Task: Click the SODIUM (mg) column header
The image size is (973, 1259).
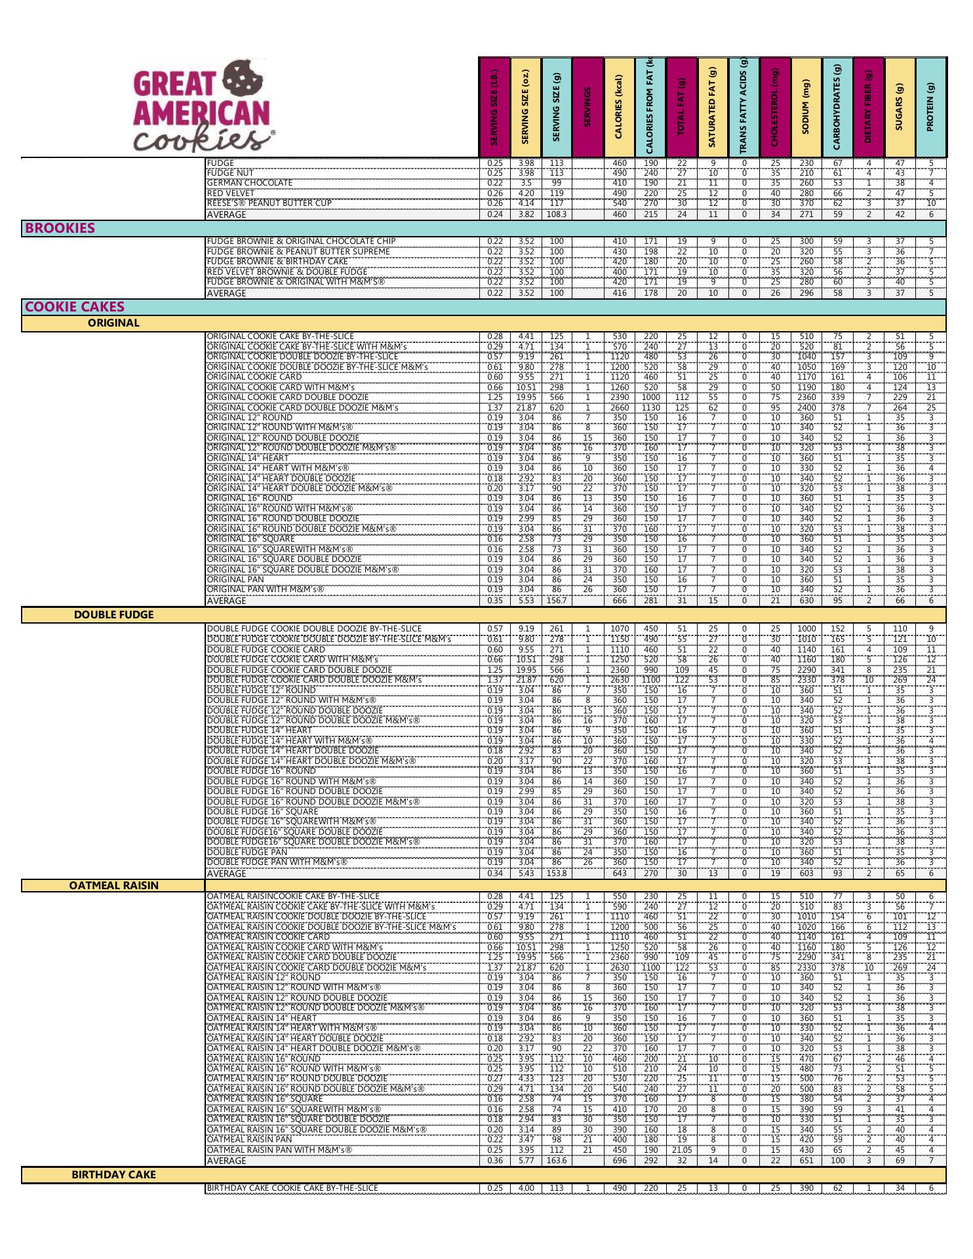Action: point(806,107)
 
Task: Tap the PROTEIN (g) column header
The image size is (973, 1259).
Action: point(930,107)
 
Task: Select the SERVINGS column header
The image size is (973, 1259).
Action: point(587,107)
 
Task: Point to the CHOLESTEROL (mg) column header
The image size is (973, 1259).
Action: point(775,107)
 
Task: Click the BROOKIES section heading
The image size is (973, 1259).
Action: point(60,228)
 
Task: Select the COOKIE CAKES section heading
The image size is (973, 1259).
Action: point(74,307)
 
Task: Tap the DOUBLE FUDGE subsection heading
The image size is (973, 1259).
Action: point(113,614)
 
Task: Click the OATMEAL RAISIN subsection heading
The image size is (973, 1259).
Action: point(113,885)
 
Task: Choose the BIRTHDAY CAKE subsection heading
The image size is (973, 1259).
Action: point(113,1174)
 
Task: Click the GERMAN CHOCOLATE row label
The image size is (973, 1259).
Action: point(250,183)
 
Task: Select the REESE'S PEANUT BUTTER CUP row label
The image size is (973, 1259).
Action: point(269,203)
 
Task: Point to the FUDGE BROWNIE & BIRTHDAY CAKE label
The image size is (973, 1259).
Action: point(277,262)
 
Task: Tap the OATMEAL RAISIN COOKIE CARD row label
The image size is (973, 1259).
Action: point(268,936)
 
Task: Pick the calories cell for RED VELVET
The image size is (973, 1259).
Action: point(620,193)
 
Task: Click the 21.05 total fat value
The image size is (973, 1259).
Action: point(682,1149)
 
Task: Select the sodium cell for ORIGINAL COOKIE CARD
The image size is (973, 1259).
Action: point(806,377)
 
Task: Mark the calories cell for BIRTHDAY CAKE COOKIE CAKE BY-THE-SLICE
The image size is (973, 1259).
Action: point(620,1188)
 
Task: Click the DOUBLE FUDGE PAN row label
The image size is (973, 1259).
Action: point(247,852)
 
